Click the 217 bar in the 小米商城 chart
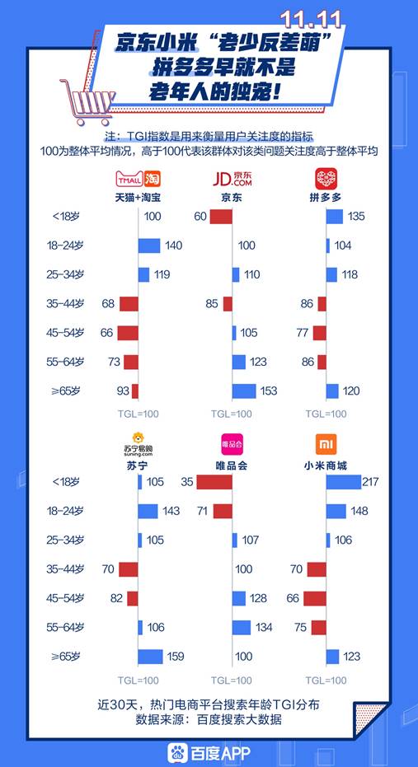[343, 482]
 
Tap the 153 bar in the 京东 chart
[244, 391]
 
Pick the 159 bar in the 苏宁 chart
[150, 657]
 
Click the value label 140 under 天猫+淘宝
[173, 246]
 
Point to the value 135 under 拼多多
[357, 217]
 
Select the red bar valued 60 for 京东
[221, 217]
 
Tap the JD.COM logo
[232, 156]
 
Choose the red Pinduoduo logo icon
[326, 156]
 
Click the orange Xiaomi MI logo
[326, 446]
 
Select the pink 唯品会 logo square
[232, 446]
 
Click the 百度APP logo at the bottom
[209, 751]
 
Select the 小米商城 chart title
[326, 465]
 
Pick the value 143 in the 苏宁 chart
[171, 512]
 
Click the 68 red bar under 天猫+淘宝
[129, 304]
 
